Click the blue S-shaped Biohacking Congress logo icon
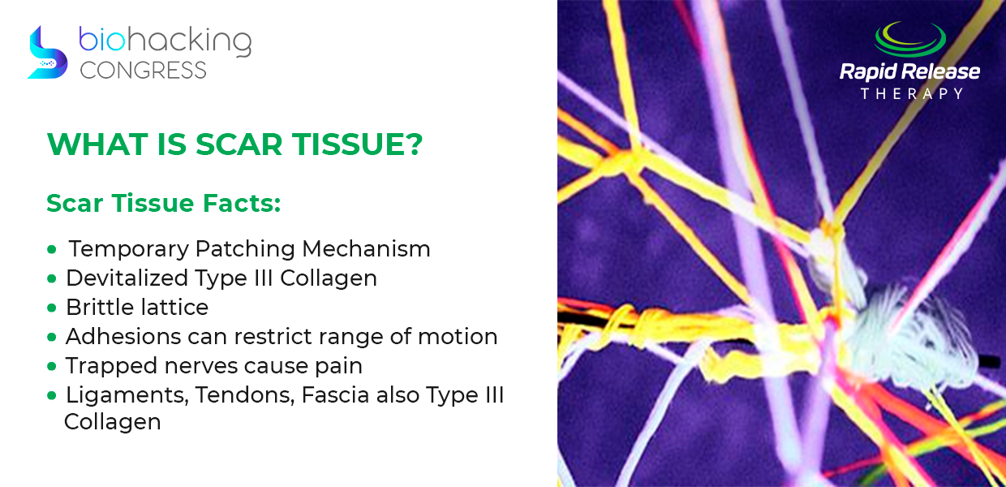48,53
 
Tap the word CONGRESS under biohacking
144,71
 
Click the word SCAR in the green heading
239,144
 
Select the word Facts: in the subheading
242,203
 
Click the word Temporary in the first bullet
129,249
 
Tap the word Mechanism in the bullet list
366,248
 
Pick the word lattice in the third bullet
174,308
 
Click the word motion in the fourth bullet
458,337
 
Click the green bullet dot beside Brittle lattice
52,308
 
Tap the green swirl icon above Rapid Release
909,41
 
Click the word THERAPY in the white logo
912,93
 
